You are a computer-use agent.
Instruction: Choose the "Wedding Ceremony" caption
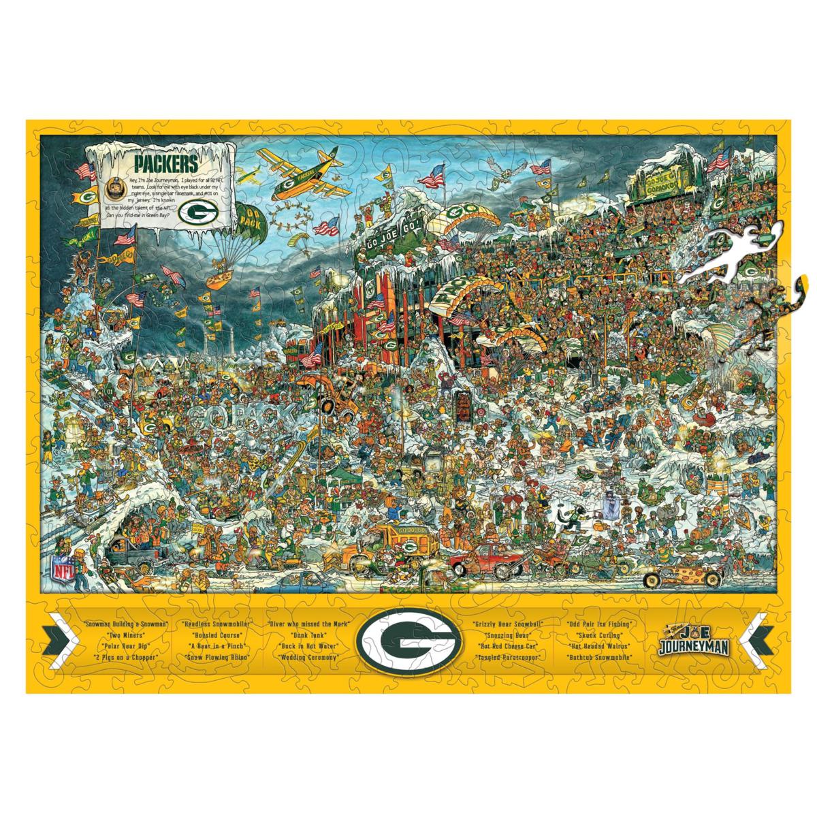(x=307, y=658)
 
